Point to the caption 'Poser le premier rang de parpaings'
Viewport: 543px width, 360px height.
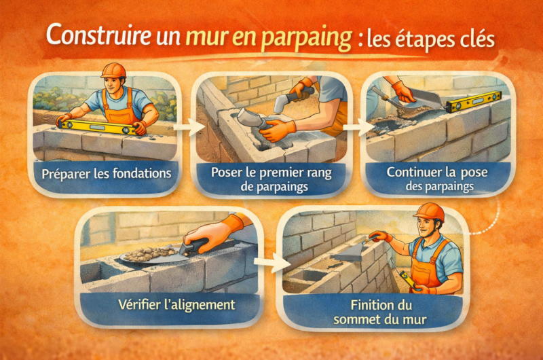(x=271, y=178)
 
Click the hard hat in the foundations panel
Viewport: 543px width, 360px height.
(x=113, y=71)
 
